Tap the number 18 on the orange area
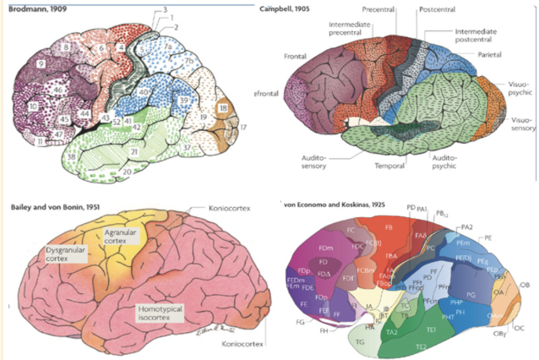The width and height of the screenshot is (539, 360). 222,110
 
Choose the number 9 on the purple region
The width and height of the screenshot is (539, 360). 41,63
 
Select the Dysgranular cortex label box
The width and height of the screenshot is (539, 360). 68,255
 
